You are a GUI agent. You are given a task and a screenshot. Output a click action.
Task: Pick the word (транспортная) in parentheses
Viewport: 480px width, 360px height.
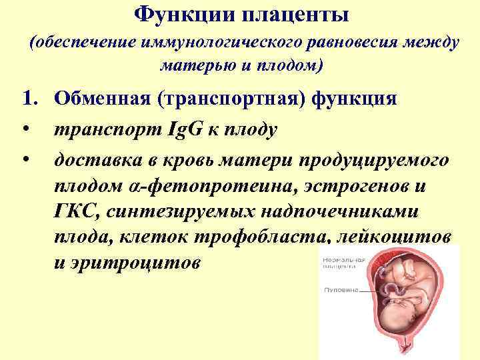(x=227, y=99)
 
